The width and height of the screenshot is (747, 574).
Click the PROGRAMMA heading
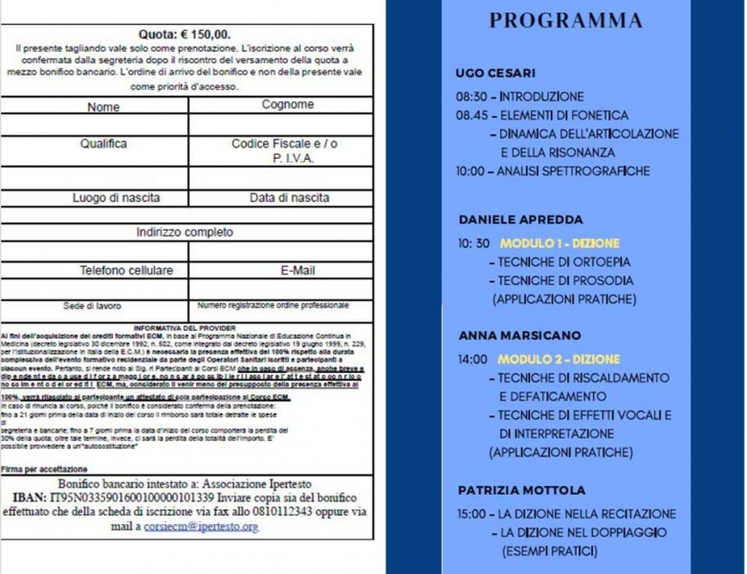(x=565, y=21)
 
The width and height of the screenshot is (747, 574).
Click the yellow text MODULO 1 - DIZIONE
(x=560, y=243)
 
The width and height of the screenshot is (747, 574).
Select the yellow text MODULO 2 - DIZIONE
(x=559, y=360)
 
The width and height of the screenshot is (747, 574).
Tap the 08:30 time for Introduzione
(x=472, y=97)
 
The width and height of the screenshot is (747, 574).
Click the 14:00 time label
(x=472, y=360)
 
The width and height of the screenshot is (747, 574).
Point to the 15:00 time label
(x=472, y=514)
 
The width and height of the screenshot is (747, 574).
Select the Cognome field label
(x=287, y=104)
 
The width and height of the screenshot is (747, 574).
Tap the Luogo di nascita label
(x=117, y=198)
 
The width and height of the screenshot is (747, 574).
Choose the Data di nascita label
(x=289, y=198)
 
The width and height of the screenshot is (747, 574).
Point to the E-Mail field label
(x=297, y=271)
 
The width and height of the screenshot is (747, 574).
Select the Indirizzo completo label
(x=185, y=232)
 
